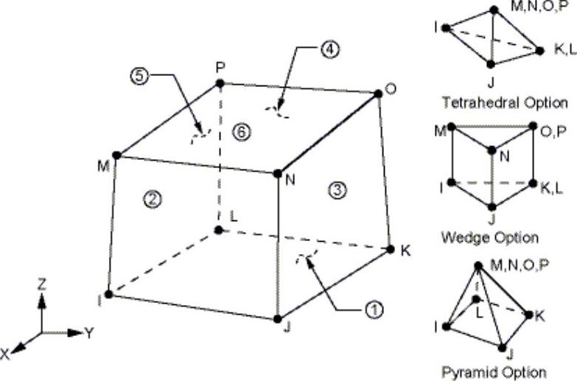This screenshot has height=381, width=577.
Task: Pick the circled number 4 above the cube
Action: tap(330, 50)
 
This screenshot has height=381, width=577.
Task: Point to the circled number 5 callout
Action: tap(138, 75)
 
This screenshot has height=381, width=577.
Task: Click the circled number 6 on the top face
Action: tap(237, 131)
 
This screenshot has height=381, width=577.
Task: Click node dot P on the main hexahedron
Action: tap(220, 84)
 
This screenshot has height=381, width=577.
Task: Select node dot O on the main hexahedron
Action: tap(378, 93)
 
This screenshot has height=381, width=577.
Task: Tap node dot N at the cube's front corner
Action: tap(278, 174)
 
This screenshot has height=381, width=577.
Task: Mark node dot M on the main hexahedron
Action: tap(117, 155)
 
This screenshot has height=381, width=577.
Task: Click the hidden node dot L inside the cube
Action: tap(218, 231)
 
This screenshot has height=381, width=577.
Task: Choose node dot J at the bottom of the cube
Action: tap(278, 319)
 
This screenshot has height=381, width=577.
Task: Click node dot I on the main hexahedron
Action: tap(108, 295)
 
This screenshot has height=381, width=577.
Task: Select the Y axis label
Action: tap(89, 332)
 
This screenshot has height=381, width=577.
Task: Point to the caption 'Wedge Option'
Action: tap(489, 237)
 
